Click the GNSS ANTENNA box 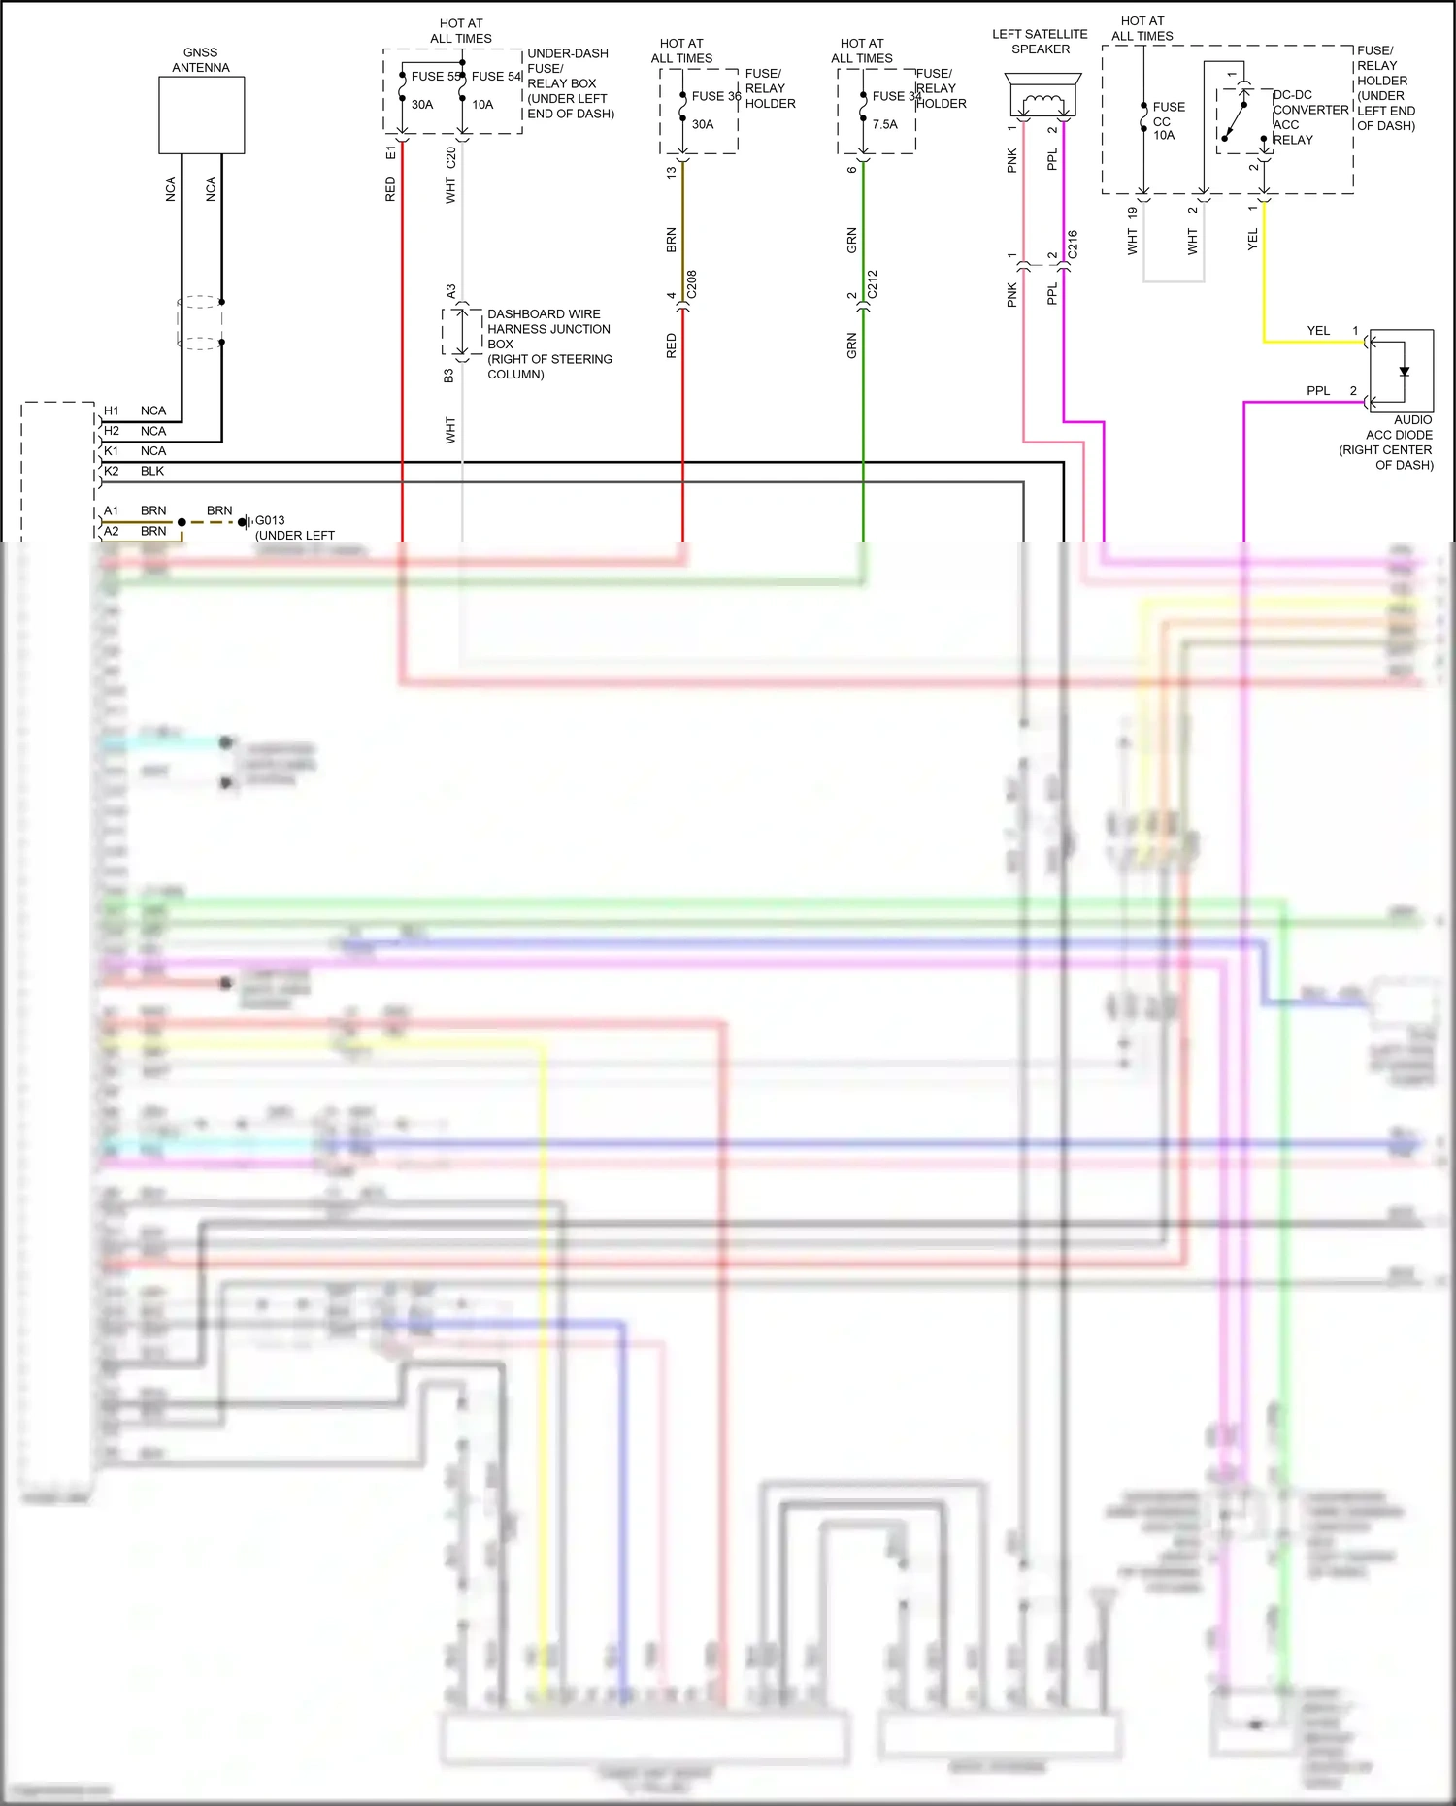point(201,115)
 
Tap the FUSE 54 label point(496,76)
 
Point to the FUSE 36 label point(716,96)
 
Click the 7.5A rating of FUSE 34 point(884,124)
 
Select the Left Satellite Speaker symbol point(1041,97)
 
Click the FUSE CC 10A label point(1168,121)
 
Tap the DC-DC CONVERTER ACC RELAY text point(1309,117)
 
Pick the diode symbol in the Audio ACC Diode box point(1404,371)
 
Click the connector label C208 point(691,284)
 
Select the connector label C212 point(872,284)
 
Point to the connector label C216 point(1072,244)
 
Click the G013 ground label point(270,520)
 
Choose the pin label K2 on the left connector point(112,471)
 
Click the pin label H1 point(112,410)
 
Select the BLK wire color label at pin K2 point(152,471)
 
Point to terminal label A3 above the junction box point(450,291)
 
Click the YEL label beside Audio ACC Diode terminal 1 point(1317,331)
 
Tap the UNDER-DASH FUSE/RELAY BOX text point(570,83)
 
